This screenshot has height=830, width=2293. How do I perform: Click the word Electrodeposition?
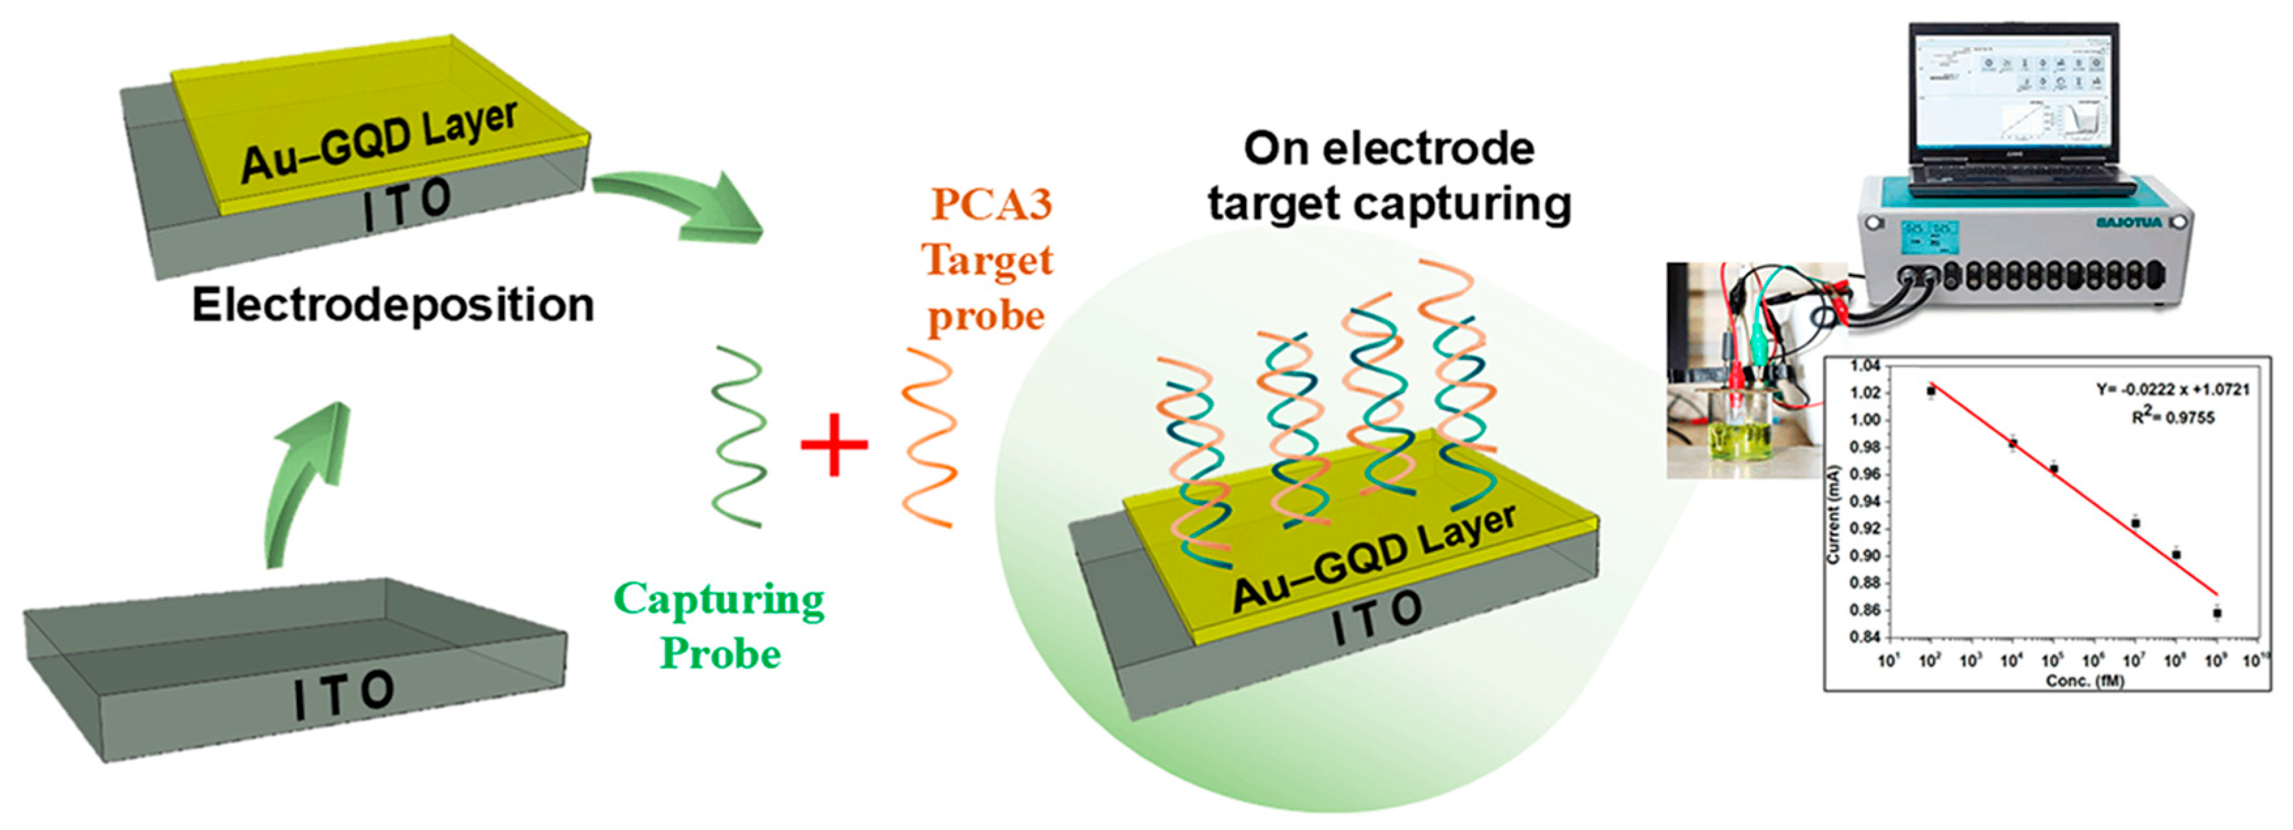point(392,306)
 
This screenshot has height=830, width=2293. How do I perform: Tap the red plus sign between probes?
point(834,445)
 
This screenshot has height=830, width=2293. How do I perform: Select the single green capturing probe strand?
point(739,436)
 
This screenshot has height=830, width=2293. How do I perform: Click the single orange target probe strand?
point(928,436)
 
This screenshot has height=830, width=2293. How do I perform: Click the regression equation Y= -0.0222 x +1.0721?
point(2173,390)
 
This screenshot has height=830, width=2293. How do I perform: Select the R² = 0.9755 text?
point(2173,417)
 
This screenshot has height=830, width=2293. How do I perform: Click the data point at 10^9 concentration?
point(2217,613)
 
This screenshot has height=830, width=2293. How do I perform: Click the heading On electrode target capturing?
point(1388,176)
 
